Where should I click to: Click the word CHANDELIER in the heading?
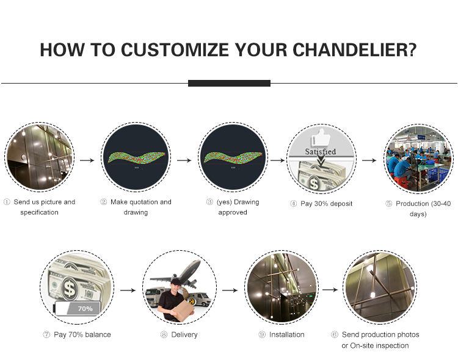click(x=354, y=49)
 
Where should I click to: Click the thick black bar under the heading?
click(x=229, y=83)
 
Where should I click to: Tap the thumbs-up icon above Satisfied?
click(x=321, y=137)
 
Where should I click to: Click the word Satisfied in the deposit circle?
click(x=321, y=151)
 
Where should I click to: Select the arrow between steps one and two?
click(x=87, y=160)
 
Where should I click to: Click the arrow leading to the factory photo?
click(x=369, y=160)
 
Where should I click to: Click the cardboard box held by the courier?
click(x=183, y=311)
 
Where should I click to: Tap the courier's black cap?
click(x=176, y=282)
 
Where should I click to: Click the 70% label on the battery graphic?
click(x=85, y=309)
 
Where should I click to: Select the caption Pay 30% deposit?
click(x=326, y=204)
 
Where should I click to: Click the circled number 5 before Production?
click(x=388, y=204)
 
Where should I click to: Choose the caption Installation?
click(x=286, y=334)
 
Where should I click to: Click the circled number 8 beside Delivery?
click(x=164, y=334)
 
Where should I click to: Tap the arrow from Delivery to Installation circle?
click(x=230, y=290)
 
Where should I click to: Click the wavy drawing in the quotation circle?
click(x=136, y=157)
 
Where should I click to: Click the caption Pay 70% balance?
click(x=82, y=334)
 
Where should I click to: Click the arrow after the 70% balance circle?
click(x=128, y=290)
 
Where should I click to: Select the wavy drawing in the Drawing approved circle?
click(x=233, y=157)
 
